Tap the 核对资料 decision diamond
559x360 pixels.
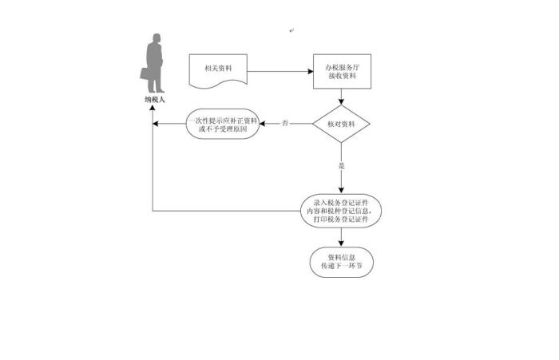click(x=342, y=124)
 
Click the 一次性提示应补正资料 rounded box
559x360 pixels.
click(x=223, y=124)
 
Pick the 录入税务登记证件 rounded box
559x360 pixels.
click(x=342, y=211)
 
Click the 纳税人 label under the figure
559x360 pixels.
click(x=153, y=101)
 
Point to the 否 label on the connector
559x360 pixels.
click(x=286, y=124)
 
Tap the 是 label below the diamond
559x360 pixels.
click(x=342, y=166)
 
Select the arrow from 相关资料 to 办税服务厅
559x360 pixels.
click(x=279, y=71)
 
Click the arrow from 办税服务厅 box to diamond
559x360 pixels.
click(x=342, y=97)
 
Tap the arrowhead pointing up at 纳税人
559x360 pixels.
click(x=153, y=110)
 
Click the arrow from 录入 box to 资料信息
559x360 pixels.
click(x=342, y=237)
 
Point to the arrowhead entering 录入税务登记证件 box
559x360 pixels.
click(x=342, y=191)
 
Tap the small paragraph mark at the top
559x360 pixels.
click(x=292, y=30)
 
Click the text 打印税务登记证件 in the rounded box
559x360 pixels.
click(x=342, y=219)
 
